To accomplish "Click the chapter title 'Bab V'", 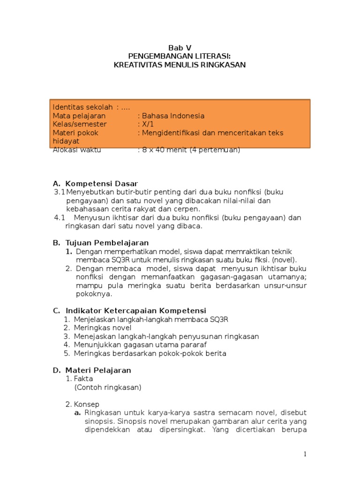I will tap(180, 48).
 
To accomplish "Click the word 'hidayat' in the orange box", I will tap(66, 141).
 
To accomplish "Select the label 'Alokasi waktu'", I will tap(77, 150).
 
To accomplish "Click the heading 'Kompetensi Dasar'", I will tap(102, 183).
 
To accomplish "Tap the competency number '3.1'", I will tap(59, 192).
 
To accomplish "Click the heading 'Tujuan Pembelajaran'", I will tap(107, 243).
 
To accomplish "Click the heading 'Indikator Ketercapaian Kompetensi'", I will tap(136, 311).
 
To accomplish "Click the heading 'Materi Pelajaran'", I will tap(98, 370).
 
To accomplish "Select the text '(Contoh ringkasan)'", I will tap(107, 387).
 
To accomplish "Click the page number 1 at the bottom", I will tap(305, 454).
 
